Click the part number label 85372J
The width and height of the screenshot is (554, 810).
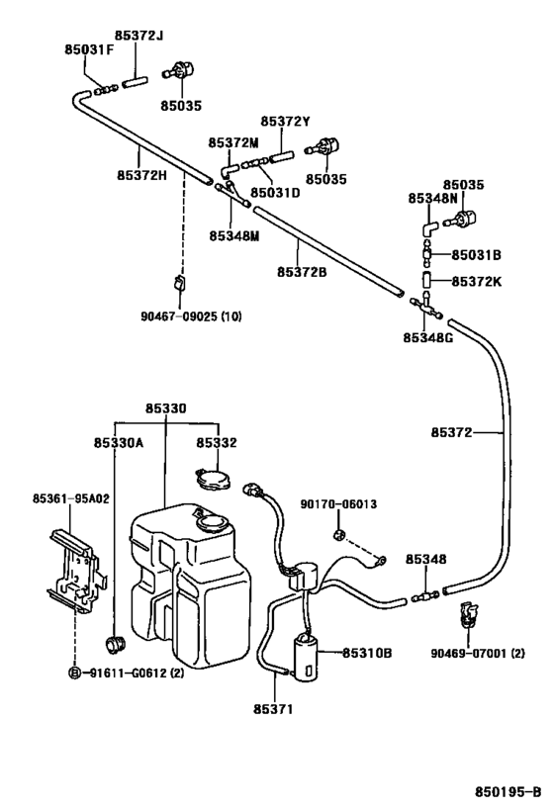pos(142,37)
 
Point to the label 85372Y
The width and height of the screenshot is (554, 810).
pos(286,122)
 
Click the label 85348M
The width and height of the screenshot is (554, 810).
pos(233,235)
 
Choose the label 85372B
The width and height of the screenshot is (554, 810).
pos(302,272)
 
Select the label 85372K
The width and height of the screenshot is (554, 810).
pos(476,281)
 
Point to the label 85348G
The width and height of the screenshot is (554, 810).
pos(427,337)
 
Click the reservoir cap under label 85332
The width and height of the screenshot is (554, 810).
pos(213,482)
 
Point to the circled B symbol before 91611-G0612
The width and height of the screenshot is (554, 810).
pos(73,673)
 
